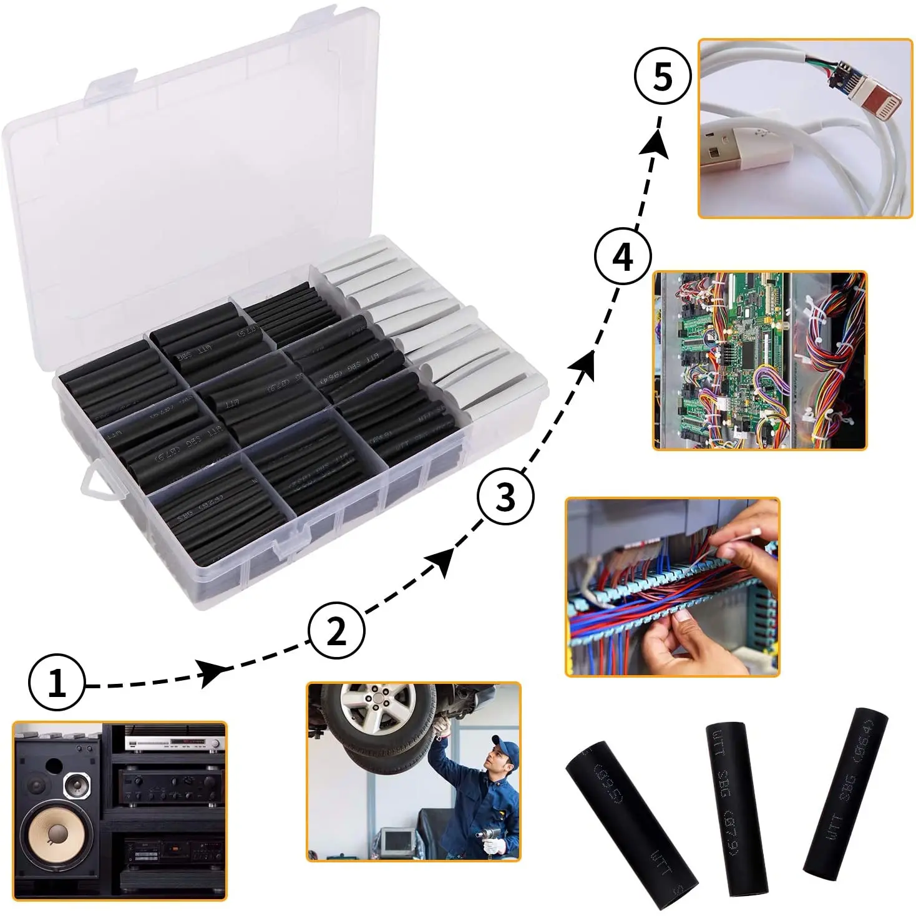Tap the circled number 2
[336, 631]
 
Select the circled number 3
[505, 497]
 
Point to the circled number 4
[622, 257]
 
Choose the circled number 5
[662, 77]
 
